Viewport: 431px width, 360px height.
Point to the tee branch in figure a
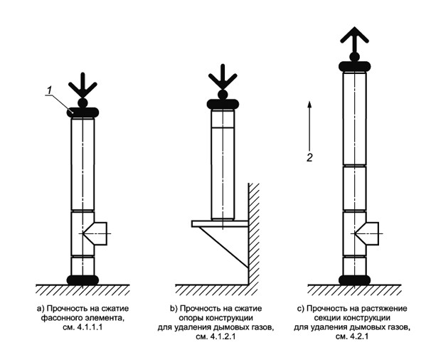97,233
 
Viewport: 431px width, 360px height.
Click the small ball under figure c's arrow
353,56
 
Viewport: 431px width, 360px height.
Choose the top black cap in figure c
353,66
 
